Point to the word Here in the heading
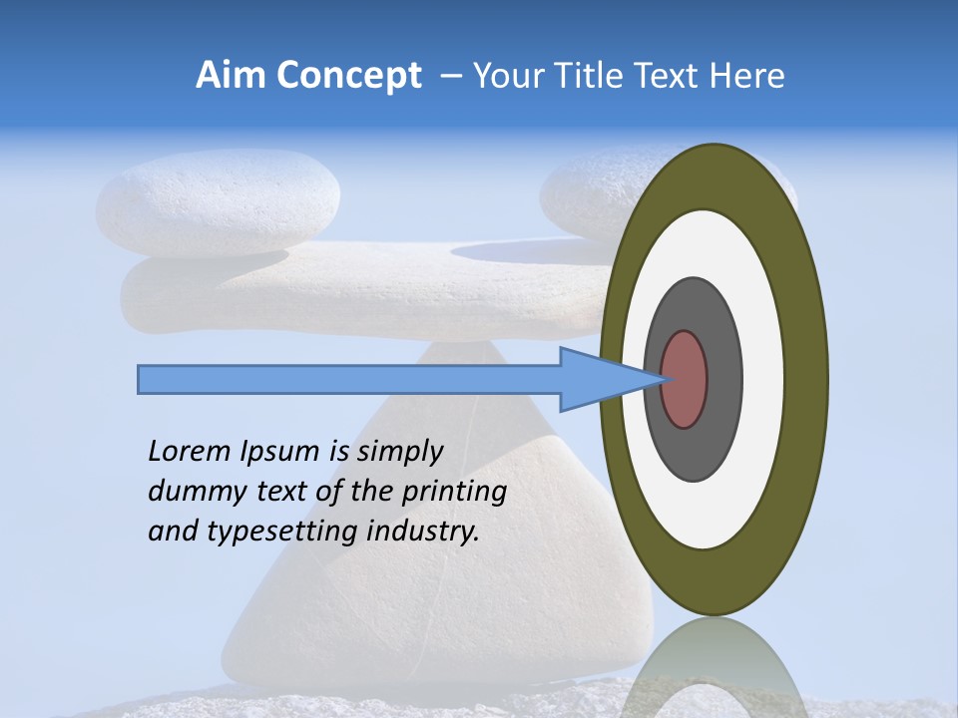(x=746, y=76)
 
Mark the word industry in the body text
(x=423, y=533)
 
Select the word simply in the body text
(x=399, y=453)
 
